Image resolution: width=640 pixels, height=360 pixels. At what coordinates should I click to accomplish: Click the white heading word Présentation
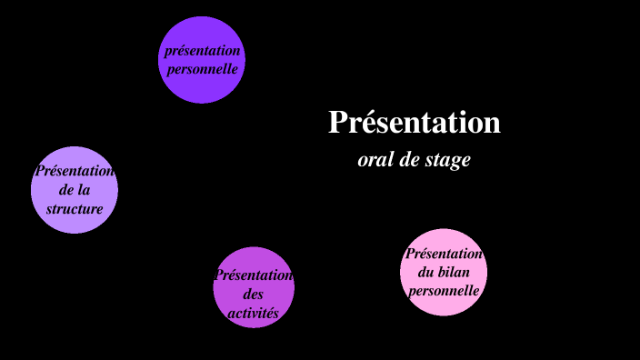click(x=414, y=122)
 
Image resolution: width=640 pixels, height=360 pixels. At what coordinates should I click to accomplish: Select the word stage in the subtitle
click(x=448, y=160)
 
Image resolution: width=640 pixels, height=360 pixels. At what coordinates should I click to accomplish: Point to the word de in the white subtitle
click(x=410, y=160)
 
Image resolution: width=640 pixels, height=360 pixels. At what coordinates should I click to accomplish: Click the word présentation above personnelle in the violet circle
click(x=203, y=51)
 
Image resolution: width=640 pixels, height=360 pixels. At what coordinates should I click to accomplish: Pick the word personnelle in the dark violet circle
click(x=202, y=68)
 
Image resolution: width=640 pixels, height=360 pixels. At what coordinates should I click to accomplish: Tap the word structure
click(x=75, y=209)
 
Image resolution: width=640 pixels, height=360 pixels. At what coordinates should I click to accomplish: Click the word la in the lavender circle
click(x=85, y=190)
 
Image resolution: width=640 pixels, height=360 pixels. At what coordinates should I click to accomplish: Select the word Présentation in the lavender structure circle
click(x=75, y=171)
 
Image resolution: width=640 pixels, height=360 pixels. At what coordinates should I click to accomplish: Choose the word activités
click(x=254, y=314)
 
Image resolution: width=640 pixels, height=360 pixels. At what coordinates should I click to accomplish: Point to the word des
click(x=254, y=295)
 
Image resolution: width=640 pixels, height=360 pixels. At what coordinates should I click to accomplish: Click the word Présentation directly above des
click(x=254, y=275)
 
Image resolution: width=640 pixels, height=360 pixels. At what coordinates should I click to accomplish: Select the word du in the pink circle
click(x=425, y=273)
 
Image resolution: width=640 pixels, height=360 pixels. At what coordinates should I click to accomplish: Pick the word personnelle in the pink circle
click(x=444, y=292)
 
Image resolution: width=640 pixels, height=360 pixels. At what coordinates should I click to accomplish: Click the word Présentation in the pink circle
click(x=444, y=254)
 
